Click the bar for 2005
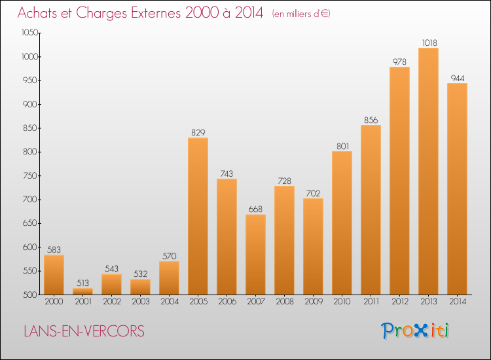point(198,216)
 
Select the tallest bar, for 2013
point(428,171)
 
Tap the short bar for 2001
point(82,291)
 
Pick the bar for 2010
point(342,223)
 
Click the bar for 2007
point(255,255)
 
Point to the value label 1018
point(429,43)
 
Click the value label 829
point(198,133)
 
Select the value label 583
point(54,250)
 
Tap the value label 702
point(313,194)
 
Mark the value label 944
point(457,79)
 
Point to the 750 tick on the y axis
point(30,175)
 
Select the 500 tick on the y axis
point(30,295)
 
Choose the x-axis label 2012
point(400,302)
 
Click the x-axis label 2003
point(141,302)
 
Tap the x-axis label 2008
point(285,302)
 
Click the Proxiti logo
point(415,331)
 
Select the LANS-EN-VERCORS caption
point(84,331)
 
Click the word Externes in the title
point(156,13)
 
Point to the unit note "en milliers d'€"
point(301,14)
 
